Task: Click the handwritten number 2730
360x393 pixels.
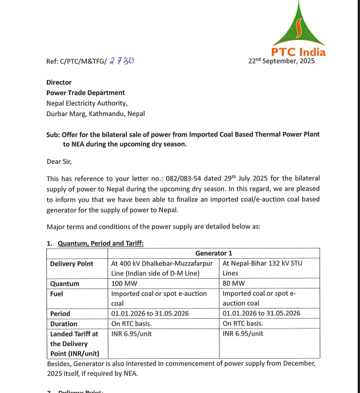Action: [121, 61]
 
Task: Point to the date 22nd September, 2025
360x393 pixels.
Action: [281, 61]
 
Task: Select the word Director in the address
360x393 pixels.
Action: [59, 82]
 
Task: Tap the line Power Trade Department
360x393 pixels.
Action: [85, 93]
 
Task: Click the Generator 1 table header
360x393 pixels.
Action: [214, 253]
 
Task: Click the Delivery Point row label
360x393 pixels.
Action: [71, 263]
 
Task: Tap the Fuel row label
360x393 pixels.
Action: [57, 294]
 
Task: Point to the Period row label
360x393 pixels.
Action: [60, 314]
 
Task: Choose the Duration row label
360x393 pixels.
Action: [63, 323]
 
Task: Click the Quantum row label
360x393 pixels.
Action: [65, 283]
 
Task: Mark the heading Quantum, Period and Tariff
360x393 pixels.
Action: [101, 243]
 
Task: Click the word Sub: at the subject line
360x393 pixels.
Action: [54, 134]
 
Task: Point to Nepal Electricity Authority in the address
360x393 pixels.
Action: [86, 103]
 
